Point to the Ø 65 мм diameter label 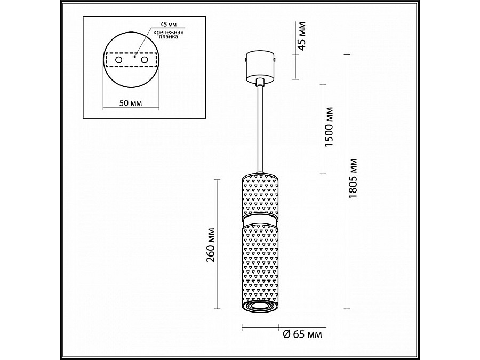[x=301, y=334]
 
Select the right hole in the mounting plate [x=143, y=61]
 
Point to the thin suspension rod [x=259, y=128]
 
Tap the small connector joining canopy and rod [x=259, y=82]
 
